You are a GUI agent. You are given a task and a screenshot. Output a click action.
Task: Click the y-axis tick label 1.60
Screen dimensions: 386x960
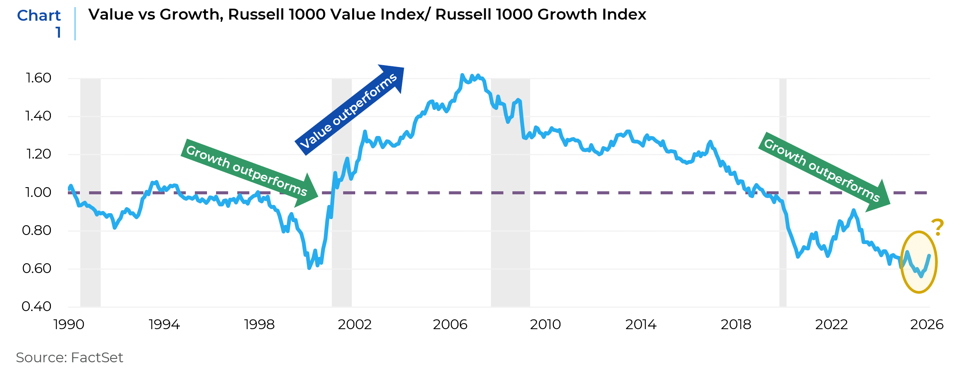point(38,78)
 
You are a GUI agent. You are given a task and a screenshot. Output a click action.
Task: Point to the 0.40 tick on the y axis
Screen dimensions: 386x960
point(36,307)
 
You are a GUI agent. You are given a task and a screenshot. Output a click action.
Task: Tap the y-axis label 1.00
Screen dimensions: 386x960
point(38,192)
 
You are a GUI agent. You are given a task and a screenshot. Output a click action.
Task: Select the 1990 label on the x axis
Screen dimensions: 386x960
point(69,325)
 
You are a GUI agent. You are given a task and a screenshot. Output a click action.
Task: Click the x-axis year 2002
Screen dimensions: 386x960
point(354,325)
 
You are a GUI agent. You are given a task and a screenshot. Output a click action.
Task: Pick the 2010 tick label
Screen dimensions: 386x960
point(545,325)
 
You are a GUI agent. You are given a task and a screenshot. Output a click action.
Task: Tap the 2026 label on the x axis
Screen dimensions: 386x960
point(926,325)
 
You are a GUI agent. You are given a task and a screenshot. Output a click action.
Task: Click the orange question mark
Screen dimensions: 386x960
point(937,227)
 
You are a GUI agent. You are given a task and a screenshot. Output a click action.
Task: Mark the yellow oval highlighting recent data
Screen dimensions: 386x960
point(919,262)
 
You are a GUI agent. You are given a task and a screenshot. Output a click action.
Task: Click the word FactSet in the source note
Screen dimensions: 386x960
point(97,358)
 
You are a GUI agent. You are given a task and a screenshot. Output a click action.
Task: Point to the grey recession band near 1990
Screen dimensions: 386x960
point(90,192)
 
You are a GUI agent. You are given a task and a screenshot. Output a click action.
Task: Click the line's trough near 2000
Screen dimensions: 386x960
point(309,268)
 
